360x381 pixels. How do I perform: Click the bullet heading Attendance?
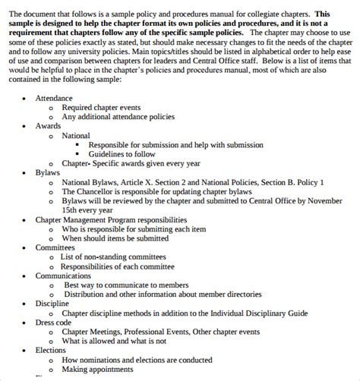(54, 98)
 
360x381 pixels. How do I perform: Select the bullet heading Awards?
(49, 126)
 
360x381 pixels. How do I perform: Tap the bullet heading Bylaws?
(49, 173)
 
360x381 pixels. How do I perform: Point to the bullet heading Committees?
(56, 247)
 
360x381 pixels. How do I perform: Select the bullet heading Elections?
(51, 350)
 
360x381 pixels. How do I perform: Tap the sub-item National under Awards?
(76, 135)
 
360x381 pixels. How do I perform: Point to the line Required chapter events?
(103, 107)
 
